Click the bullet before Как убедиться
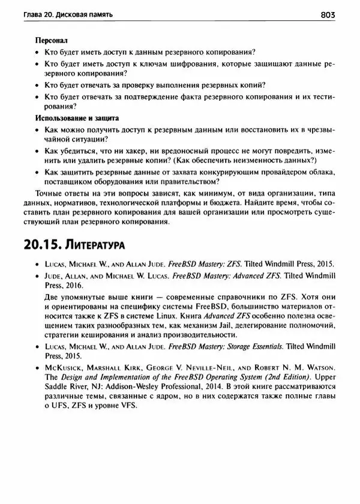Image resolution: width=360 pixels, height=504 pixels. (x=37, y=151)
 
